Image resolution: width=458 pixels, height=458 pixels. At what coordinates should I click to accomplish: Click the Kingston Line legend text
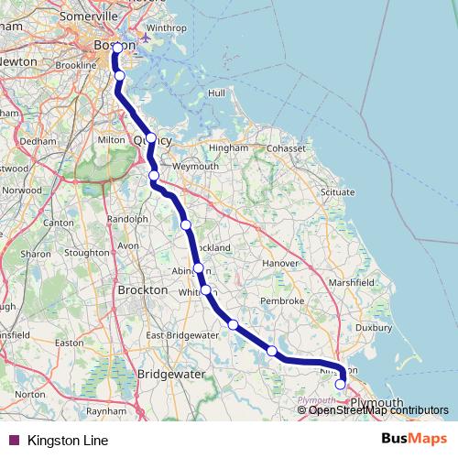point(68,441)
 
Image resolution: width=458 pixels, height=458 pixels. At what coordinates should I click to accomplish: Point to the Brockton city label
point(143,289)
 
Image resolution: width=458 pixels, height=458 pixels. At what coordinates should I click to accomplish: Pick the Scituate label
point(338,192)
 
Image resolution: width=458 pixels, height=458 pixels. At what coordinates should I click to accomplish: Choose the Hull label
point(216,93)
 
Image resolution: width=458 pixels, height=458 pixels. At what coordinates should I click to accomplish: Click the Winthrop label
point(166,28)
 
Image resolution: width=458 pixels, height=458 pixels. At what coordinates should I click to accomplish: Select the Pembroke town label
point(282,300)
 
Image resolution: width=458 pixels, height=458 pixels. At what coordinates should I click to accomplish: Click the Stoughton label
point(87,252)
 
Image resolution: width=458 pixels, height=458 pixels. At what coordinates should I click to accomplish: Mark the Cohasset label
point(287,147)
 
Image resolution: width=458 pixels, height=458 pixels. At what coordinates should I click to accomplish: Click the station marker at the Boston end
point(117,48)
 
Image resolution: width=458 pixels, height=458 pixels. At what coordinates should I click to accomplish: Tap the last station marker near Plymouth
point(341,385)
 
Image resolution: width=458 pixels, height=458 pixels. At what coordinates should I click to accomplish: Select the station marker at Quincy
point(151,138)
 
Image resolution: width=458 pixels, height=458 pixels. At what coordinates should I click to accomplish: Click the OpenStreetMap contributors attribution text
point(377,409)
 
